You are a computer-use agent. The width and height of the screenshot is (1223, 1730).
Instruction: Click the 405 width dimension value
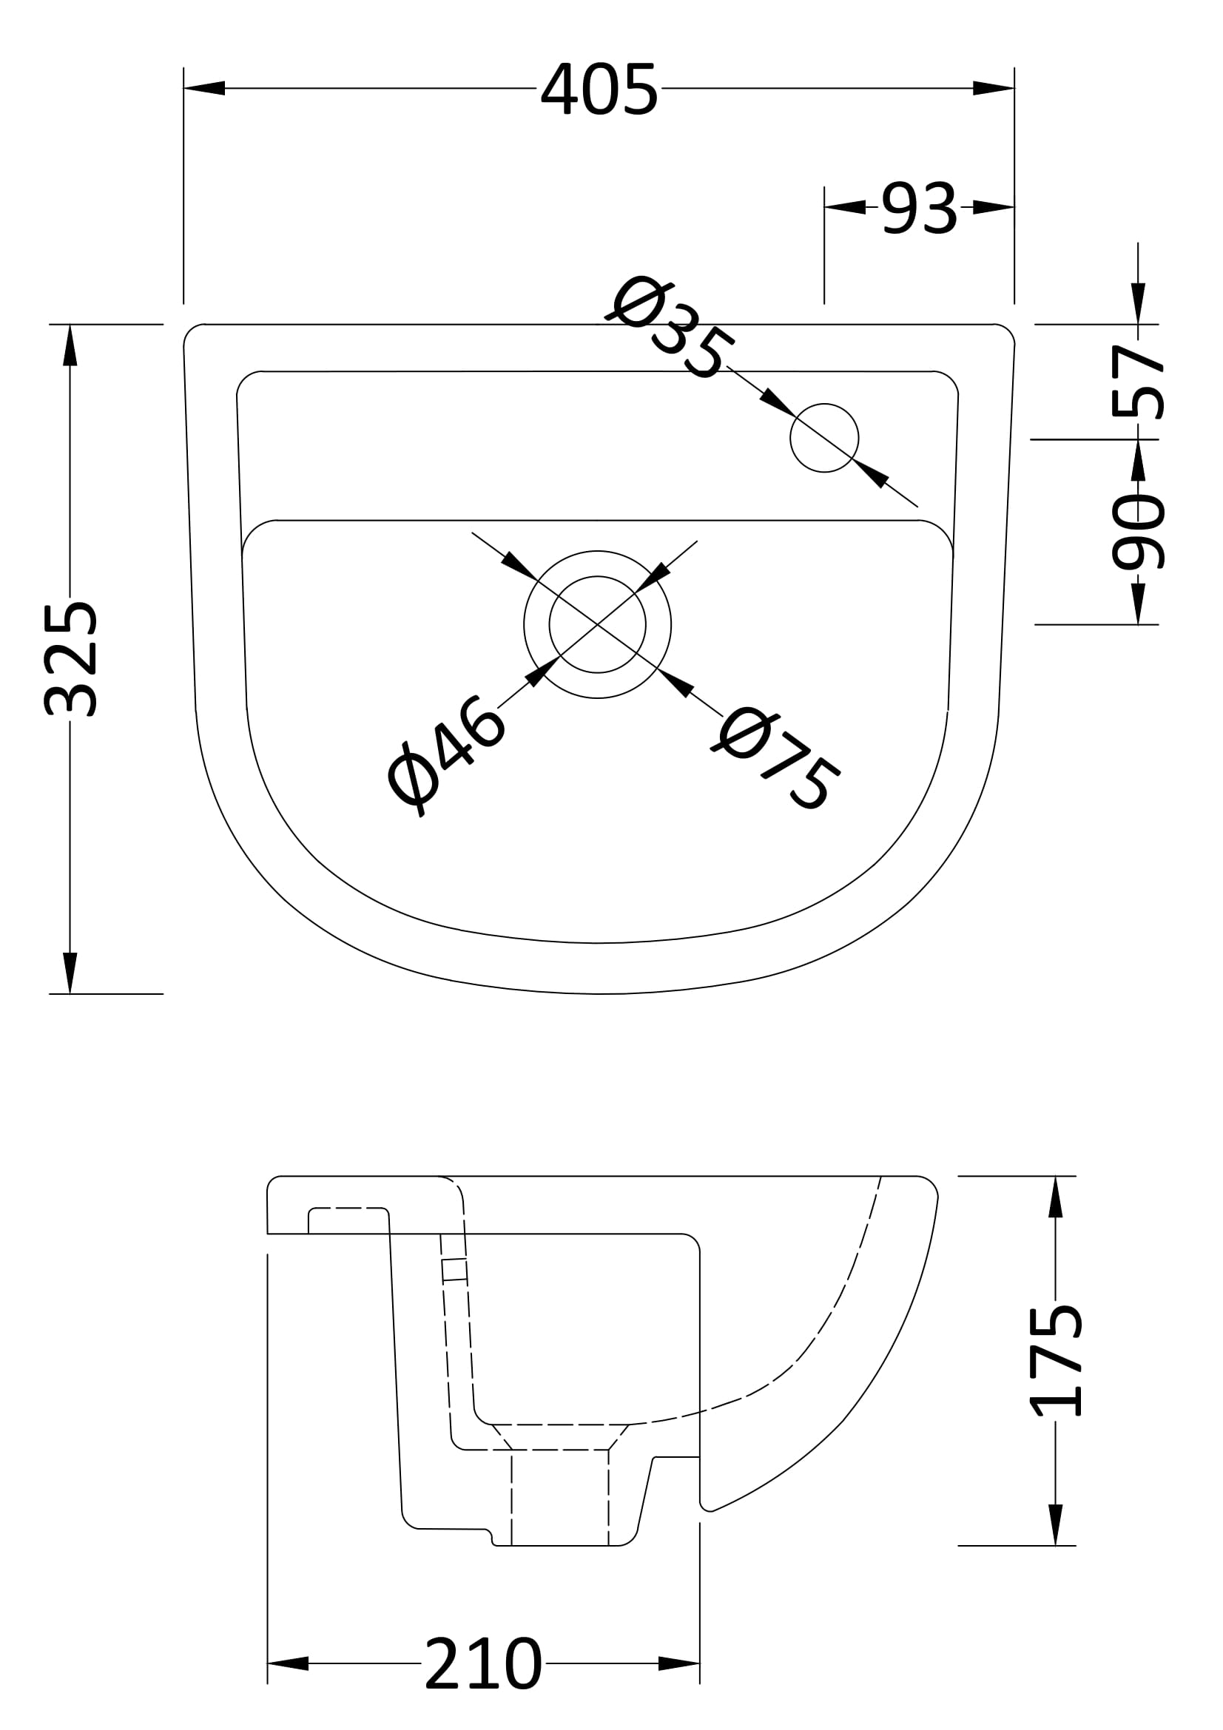(599, 89)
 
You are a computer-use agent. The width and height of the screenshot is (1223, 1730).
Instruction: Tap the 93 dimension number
(919, 208)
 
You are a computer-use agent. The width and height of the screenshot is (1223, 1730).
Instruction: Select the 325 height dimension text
(70, 660)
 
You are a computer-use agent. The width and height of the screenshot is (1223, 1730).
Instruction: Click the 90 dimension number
(1138, 531)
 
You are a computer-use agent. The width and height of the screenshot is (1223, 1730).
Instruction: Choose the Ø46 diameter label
(445, 756)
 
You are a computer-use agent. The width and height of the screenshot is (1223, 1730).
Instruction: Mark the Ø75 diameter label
(776, 757)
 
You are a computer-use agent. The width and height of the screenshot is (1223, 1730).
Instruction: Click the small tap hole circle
(824, 438)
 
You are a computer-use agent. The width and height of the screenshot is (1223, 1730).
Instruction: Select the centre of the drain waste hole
(598, 624)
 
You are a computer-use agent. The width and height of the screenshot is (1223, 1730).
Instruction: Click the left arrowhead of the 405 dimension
(204, 88)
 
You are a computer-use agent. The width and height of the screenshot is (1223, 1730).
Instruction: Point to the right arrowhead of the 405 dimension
(994, 88)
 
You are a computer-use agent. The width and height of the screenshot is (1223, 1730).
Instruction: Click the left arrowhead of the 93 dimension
(845, 207)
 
